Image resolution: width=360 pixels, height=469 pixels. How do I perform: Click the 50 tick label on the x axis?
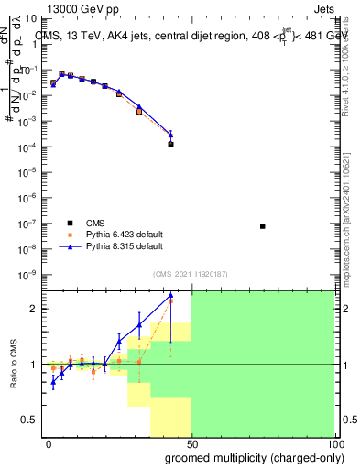(x=191, y=444)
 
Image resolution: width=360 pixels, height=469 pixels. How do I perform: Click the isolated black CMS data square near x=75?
(x=263, y=226)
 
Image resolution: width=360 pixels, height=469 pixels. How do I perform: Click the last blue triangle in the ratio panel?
(x=171, y=295)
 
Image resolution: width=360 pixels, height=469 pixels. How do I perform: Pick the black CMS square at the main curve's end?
(x=171, y=144)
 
